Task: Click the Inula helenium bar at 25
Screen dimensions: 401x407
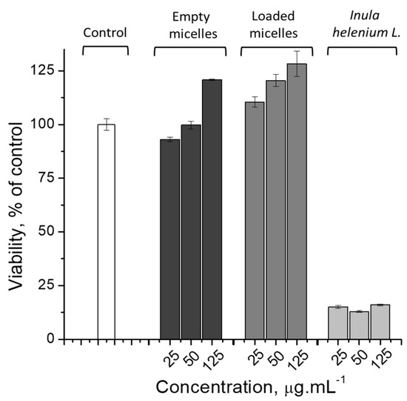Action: coord(338,322)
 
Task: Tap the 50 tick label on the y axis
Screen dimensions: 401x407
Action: coord(50,231)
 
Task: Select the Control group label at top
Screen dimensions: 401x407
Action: coord(106,33)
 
